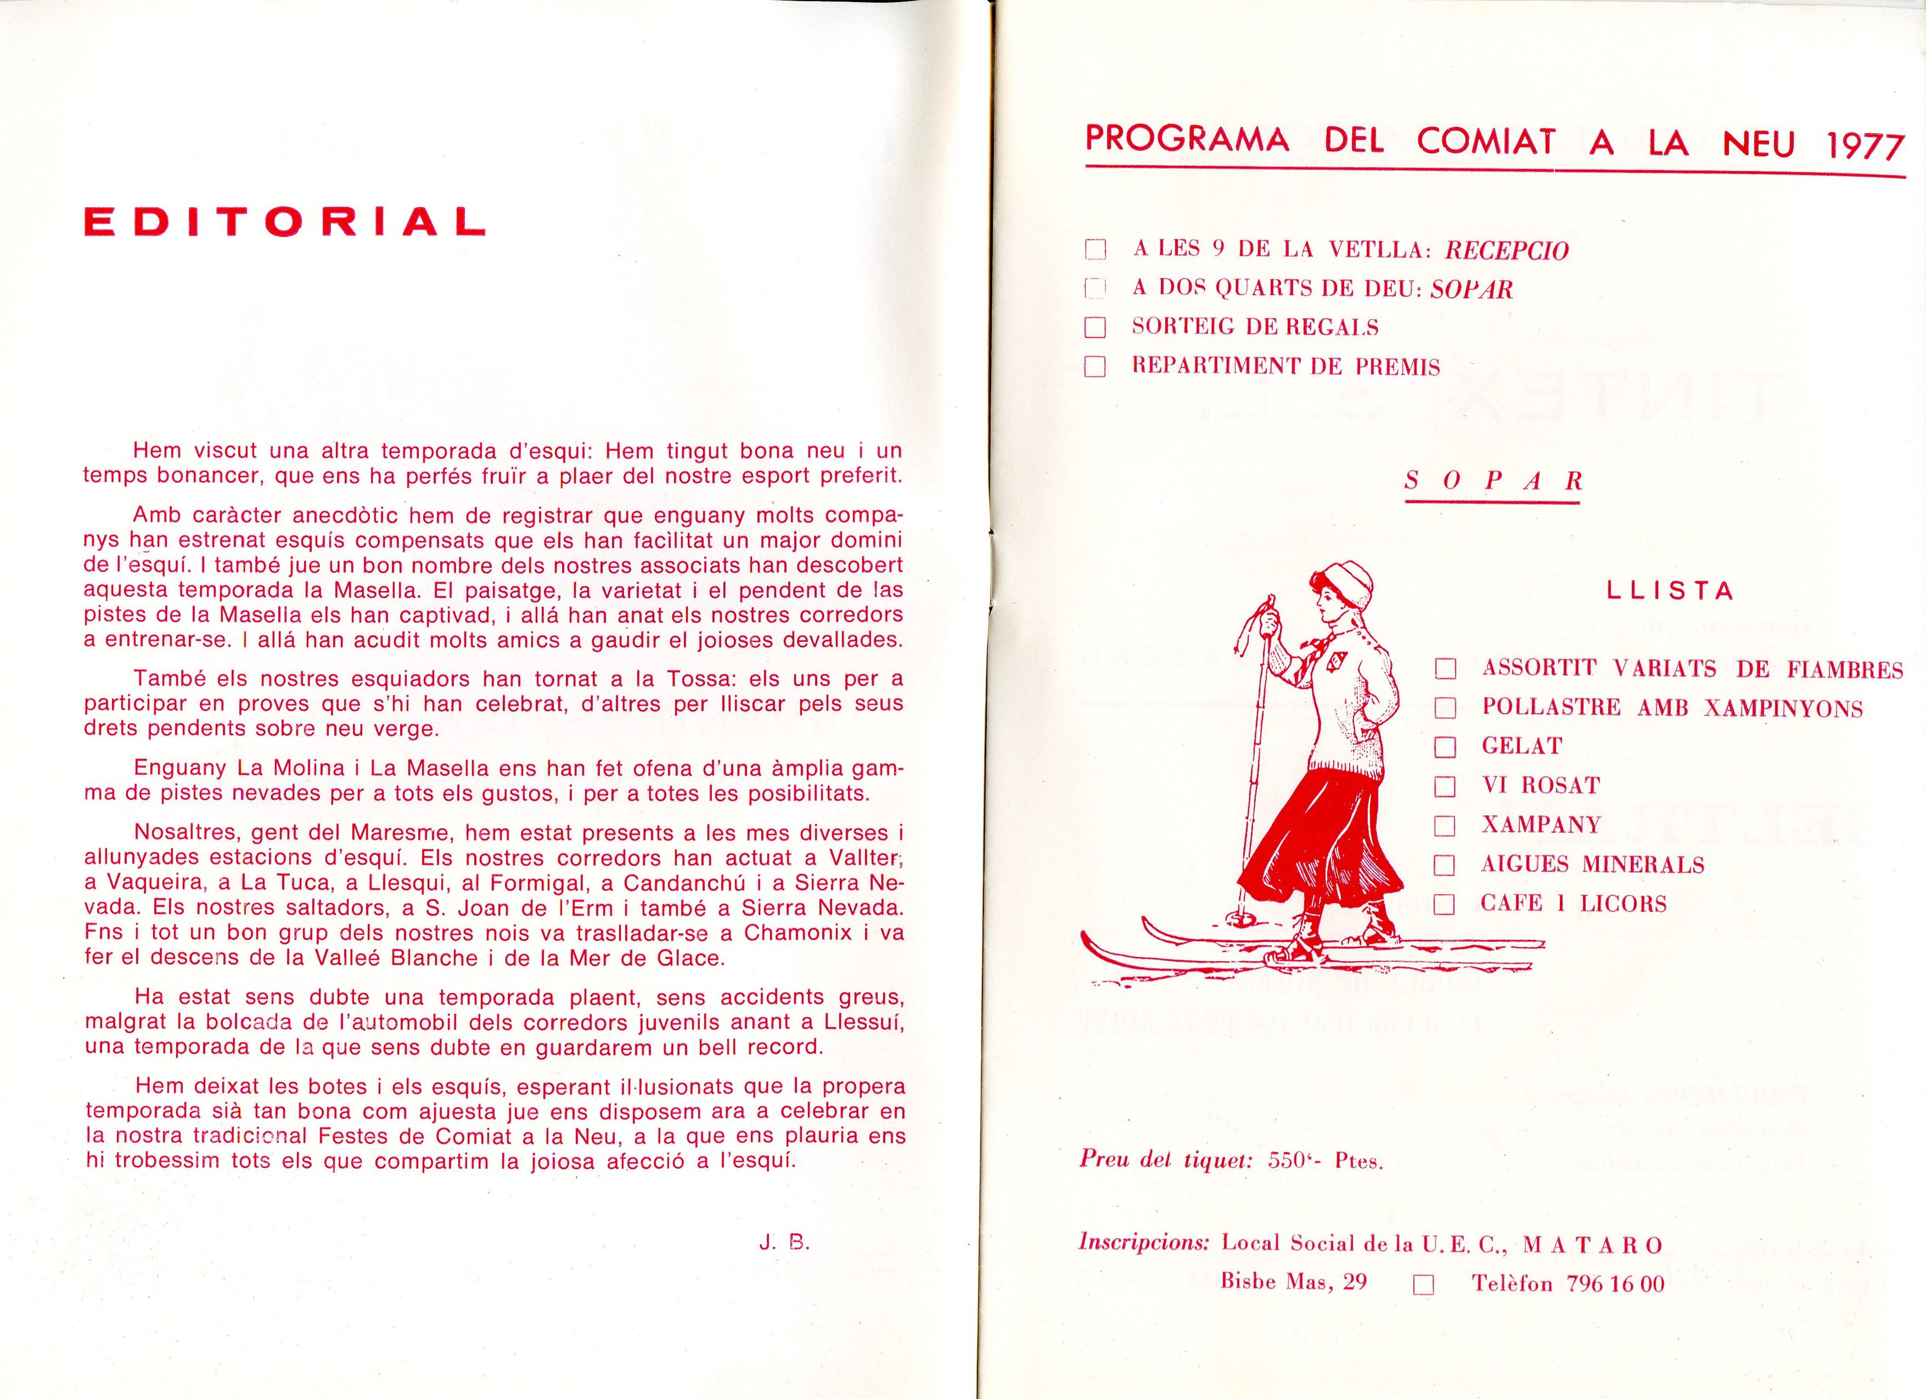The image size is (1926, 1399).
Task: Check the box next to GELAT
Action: [1445, 747]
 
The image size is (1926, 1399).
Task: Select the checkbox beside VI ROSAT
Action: [1445, 786]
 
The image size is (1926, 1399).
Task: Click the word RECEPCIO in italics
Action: [1507, 250]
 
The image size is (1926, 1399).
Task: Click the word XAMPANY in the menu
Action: [1541, 824]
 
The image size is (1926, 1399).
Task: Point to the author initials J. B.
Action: [785, 1244]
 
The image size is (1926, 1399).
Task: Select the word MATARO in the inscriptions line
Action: [1593, 1245]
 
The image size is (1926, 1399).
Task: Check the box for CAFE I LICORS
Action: [1445, 905]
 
